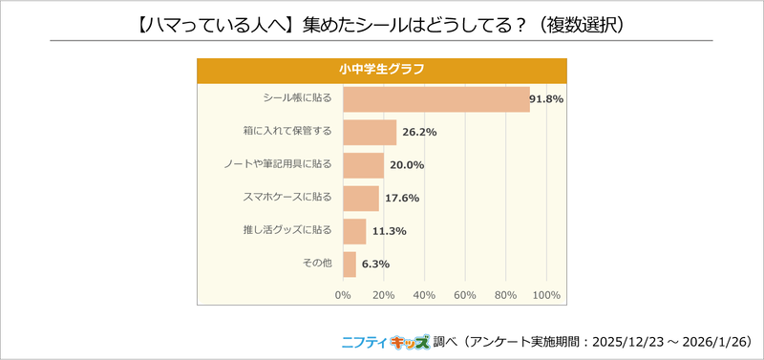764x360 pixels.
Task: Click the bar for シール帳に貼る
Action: tap(435, 99)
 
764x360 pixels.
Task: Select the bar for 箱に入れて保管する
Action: tap(370, 132)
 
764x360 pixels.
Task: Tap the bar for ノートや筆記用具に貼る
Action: tap(363, 165)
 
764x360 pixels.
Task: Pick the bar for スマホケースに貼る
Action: tap(361, 198)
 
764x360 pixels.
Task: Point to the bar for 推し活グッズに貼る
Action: tap(354, 231)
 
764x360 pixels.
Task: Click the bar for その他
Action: tap(350, 264)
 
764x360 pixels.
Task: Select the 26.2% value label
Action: tap(418, 132)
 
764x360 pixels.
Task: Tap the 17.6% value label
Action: tap(401, 198)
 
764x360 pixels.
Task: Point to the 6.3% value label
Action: tap(375, 264)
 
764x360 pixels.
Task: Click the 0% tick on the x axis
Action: tap(343, 294)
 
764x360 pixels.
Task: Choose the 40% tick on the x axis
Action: tap(424, 294)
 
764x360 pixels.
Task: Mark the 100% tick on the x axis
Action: tap(545, 294)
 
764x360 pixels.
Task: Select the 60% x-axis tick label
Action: tap(464, 294)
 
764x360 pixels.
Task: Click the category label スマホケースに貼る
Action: tap(288, 198)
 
